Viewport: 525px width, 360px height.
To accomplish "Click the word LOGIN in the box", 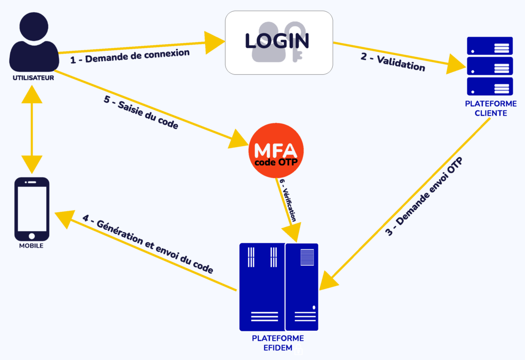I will click(x=277, y=42).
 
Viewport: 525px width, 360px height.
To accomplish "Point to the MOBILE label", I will click(x=31, y=246).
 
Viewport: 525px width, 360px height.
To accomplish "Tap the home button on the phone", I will click(x=32, y=236).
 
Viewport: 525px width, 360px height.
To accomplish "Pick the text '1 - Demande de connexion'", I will click(x=130, y=56).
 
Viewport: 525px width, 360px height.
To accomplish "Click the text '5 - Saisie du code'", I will click(x=141, y=113).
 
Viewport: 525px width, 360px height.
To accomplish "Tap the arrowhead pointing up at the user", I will click(x=32, y=93).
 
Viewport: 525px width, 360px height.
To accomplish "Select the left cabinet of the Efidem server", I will click(x=262, y=287).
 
